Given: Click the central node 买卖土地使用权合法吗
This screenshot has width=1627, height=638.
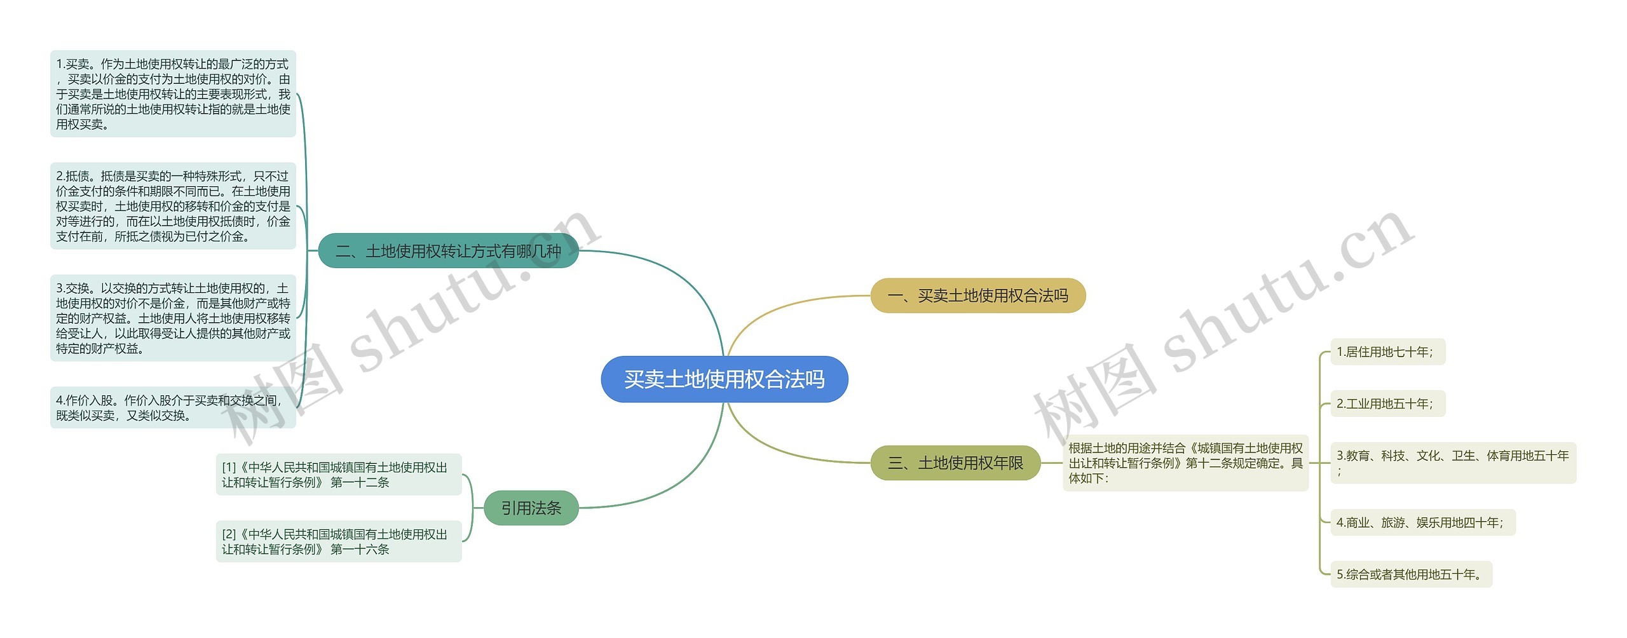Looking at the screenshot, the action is pos(724,379).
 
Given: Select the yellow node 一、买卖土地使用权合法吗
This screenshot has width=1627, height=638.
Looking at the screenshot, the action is pos(977,295).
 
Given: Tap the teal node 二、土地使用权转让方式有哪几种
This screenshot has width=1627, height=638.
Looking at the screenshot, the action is pos(448,251).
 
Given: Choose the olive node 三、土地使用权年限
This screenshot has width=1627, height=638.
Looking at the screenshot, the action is pos(955,463).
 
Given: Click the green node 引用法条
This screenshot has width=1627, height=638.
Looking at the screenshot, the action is pos(531,508).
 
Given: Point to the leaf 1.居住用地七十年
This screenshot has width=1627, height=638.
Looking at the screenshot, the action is pos(1387,352).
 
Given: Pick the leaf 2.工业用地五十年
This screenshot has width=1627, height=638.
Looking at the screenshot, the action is pos(1387,404).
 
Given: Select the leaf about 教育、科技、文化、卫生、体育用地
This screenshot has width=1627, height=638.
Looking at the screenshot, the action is pos(1453,463).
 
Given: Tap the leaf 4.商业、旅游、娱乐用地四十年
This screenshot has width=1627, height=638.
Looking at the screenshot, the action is pos(1422,522).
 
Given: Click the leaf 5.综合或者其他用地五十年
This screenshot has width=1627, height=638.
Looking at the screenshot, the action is pos(1410,574).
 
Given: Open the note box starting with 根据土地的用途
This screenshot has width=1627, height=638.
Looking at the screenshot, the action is pos(1185,463).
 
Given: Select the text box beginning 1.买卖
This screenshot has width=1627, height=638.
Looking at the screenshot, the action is pos(173,94).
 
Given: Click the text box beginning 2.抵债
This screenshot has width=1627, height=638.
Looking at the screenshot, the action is pos(173,206).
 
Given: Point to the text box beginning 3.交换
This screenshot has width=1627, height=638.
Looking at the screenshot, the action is pos(173,318).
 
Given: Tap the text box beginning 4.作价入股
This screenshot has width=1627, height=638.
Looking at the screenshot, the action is pos(173,408).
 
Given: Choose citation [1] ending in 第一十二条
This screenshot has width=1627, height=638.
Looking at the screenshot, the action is pos(338,475).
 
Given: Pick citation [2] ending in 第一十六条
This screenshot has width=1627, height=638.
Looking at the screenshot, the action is pos(338,541).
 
